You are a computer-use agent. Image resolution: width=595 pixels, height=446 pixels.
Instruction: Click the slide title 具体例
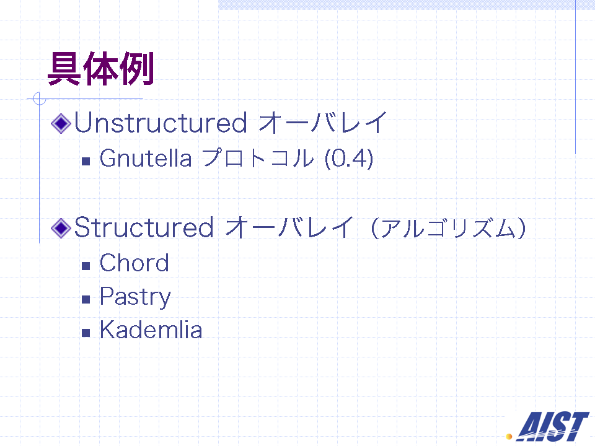click(x=100, y=69)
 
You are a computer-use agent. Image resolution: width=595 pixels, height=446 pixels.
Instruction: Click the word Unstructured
click(x=161, y=123)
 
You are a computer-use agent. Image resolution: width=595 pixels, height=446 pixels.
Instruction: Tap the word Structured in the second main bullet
click(x=144, y=227)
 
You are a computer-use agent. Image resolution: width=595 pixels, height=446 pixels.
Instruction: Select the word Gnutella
click(x=146, y=158)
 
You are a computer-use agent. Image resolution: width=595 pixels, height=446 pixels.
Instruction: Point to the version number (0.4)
click(x=349, y=158)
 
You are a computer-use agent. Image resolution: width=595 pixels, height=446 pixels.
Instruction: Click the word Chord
click(x=134, y=263)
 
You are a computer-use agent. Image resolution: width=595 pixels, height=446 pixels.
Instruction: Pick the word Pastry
click(x=136, y=297)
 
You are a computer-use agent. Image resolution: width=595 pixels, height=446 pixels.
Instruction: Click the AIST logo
click(x=552, y=426)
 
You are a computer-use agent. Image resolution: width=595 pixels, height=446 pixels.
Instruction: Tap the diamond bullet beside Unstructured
click(x=61, y=123)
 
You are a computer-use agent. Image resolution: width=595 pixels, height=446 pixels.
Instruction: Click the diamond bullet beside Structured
click(x=61, y=228)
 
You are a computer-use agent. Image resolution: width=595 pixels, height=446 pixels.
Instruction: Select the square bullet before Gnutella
click(x=86, y=161)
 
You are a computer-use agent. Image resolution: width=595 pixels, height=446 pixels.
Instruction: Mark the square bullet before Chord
click(x=86, y=266)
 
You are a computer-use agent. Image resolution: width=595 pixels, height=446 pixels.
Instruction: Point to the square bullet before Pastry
click(x=86, y=299)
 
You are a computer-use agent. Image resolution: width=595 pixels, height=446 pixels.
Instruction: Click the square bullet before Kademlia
click(x=86, y=333)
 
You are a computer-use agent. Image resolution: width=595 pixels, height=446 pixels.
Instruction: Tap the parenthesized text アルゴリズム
click(x=448, y=229)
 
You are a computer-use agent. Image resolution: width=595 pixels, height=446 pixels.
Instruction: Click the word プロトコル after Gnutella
click(x=258, y=158)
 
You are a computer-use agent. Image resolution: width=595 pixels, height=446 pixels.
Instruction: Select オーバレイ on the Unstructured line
click(x=322, y=123)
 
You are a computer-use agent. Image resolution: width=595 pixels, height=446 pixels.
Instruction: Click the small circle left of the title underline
click(x=40, y=98)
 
